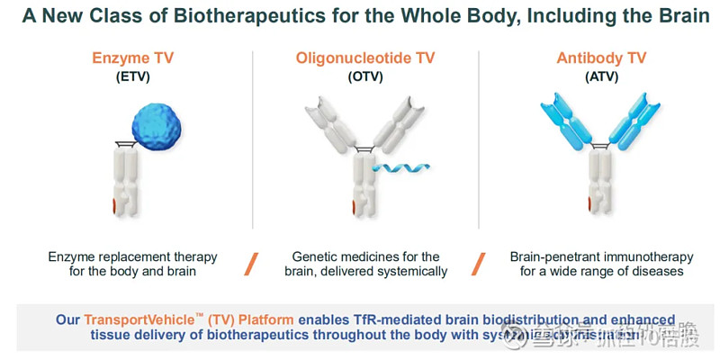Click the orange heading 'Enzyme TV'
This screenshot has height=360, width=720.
pyautogui.click(x=132, y=58)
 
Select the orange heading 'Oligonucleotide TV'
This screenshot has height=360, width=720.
pyautogui.click(x=365, y=58)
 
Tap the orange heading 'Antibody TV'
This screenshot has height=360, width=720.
pyautogui.click(x=601, y=58)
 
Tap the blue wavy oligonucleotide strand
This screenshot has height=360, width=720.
pyautogui.click(x=401, y=167)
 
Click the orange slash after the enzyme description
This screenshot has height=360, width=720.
pyautogui.click(x=253, y=264)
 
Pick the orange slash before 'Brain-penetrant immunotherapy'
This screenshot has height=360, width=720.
pyautogui.click(x=479, y=264)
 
